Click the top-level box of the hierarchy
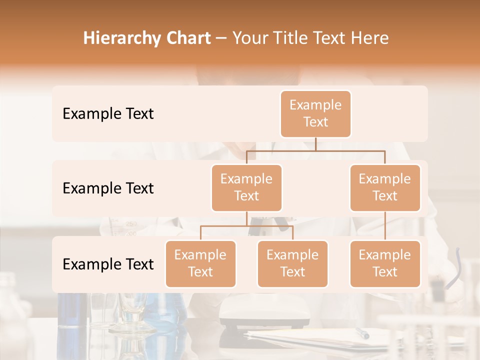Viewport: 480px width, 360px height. click(315, 113)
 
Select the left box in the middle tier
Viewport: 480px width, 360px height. click(246, 187)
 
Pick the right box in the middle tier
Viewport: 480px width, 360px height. click(385, 187)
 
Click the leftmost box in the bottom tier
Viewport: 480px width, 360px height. click(200, 263)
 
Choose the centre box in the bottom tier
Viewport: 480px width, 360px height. click(292, 263)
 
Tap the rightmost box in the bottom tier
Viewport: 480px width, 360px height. click(385, 263)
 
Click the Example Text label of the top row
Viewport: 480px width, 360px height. click(108, 114)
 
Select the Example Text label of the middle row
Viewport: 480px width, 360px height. click(108, 188)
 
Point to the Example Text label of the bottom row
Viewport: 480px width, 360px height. click(108, 264)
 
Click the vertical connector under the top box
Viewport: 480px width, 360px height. click(315, 143)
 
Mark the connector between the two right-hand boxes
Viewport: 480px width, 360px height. click(385, 226)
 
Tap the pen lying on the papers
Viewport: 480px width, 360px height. click(362, 333)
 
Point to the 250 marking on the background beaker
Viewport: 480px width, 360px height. click(131, 223)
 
